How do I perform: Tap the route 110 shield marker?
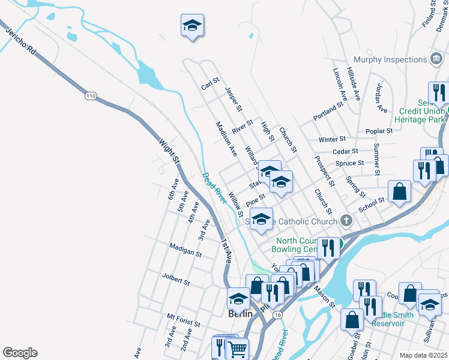90,96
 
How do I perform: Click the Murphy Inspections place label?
390,59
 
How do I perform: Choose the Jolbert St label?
176,278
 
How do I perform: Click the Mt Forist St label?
183,319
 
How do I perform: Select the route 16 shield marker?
277,314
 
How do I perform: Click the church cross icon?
346,221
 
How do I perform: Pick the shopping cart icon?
238,349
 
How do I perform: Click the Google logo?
20,353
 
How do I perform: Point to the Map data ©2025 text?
423,355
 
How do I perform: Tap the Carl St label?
211,83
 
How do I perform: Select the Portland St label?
328,110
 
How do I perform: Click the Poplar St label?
379,130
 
